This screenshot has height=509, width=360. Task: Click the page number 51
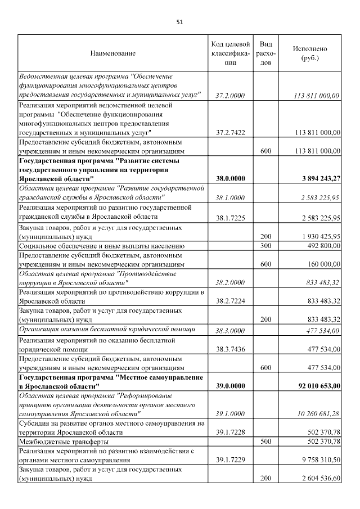pyautogui.click(x=180, y=22)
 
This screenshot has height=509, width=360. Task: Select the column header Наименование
pyautogui.click(x=112, y=53)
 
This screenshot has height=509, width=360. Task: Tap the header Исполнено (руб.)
pyautogui.click(x=309, y=53)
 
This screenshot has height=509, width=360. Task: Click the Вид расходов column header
pyautogui.click(x=266, y=53)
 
